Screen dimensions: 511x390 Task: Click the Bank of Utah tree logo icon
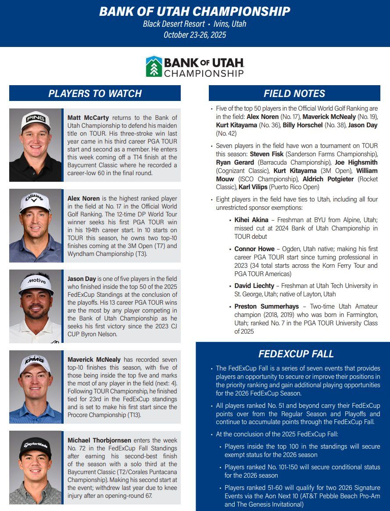pos(154,66)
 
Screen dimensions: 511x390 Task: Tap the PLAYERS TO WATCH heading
pos(95,94)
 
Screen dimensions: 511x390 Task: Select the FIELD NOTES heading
pos(294,94)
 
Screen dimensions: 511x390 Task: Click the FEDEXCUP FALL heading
pos(296,354)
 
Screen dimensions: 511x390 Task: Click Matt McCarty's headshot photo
pos(36,145)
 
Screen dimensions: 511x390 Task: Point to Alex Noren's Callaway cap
pos(35,202)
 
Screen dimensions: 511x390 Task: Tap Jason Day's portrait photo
pos(36,306)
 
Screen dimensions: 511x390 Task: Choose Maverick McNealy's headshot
pos(36,387)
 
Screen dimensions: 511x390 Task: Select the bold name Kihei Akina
pos(252,220)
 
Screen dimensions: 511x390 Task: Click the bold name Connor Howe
pos(254,249)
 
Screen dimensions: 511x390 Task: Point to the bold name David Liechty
pos(254,286)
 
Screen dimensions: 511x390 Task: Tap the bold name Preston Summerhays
pos(267,306)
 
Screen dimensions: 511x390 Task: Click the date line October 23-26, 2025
pos(195,35)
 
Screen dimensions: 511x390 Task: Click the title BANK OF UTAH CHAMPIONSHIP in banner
pos(195,11)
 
